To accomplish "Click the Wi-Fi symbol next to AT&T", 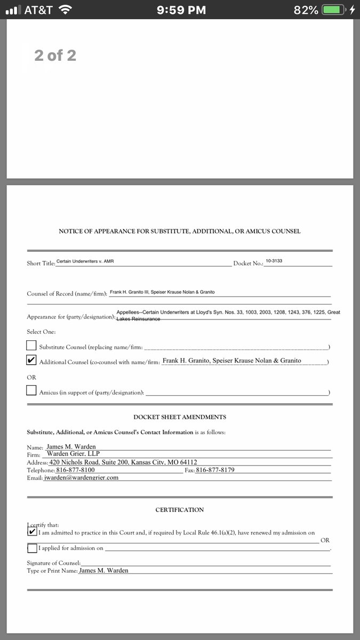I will [x=65, y=10].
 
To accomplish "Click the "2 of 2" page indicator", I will [x=55, y=55].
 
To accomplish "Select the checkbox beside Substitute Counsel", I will [x=31, y=345].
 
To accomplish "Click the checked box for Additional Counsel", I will [x=31, y=361].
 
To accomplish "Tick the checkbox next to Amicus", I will [x=31, y=390].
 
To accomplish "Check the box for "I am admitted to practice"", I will [x=32, y=531].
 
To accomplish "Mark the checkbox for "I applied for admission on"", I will [x=32, y=548].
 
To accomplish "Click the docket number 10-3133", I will [x=274, y=261].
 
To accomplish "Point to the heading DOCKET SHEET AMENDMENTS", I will [x=180, y=417].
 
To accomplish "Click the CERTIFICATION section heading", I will [x=180, y=510].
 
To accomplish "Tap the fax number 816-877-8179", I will [x=215, y=470].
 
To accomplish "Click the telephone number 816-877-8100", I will [x=75, y=470].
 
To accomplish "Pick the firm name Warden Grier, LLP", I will [x=77, y=454].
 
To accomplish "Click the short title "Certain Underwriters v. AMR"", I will [x=85, y=261].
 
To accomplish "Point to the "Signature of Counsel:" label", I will [x=54, y=563].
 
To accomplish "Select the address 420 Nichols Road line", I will [x=123, y=462].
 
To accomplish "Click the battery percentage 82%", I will [x=306, y=10].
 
